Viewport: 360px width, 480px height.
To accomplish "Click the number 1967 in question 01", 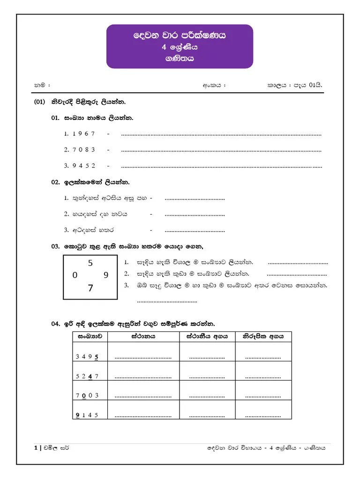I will pyautogui.click(x=84, y=134).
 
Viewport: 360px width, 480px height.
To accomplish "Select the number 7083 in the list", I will pyautogui.click(x=84, y=150).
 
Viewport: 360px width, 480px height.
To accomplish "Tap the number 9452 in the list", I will pyautogui.click(x=84, y=165).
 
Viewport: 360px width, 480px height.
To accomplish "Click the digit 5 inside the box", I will pyautogui.click(x=90, y=263).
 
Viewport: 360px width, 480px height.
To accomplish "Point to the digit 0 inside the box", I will pyautogui.click(x=75, y=276).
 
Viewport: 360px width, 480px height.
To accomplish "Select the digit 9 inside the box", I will pyautogui.click(x=106, y=276).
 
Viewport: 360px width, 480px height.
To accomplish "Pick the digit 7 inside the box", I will pyautogui.click(x=90, y=288).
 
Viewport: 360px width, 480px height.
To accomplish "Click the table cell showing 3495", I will pyautogui.click(x=87, y=356).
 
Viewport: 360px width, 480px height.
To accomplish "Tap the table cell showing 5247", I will pyautogui.click(x=87, y=376).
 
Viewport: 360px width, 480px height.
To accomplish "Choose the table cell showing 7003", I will pyautogui.click(x=87, y=395).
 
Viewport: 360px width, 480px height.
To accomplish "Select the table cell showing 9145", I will pyautogui.click(x=87, y=415).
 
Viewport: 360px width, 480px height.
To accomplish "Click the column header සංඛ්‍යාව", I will pyautogui.click(x=87, y=336).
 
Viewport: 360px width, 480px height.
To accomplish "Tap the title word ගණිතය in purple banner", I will pyautogui.click(x=180, y=59).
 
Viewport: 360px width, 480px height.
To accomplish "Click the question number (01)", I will pyautogui.click(x=39, y=102).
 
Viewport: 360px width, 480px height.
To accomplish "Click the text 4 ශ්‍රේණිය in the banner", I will pyautogui.click(x=180, y=47).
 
